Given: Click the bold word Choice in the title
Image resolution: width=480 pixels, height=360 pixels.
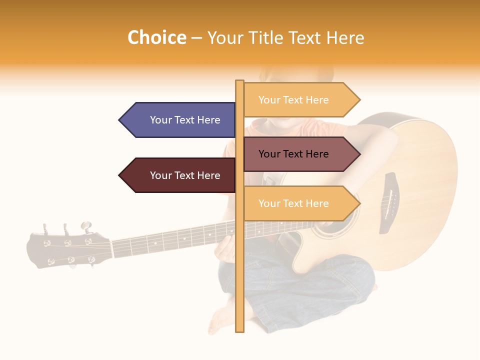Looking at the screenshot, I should pos(156,37).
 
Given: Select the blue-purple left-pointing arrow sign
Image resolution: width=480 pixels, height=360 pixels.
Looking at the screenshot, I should pos(180,120).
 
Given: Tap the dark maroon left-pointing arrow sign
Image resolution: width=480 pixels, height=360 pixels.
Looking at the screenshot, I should pos(180,175).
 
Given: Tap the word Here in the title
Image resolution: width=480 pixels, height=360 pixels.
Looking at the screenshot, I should pos(345,38).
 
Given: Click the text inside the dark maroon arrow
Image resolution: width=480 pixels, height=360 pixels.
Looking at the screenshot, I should pos(185,175).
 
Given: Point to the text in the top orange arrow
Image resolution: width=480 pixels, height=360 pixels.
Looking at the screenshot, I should pos(293,100).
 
